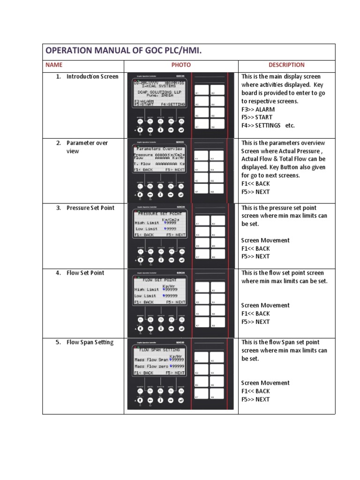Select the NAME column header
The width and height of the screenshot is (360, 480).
[54, 65]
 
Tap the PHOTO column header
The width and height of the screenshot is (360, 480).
[181, 65]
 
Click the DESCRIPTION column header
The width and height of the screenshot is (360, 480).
[286, 65]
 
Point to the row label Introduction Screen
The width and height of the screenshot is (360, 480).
[92, 76]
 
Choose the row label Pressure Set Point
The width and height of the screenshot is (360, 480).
[90, 208]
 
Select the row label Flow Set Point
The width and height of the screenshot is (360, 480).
[85, 273]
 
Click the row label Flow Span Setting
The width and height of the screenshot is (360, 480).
[90, 342]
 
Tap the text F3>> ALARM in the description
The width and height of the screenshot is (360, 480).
[258, 109]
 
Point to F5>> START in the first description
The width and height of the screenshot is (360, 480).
[257, 117]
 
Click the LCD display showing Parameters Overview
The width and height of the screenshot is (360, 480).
[159, 159]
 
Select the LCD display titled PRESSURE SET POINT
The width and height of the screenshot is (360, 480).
[159, 224]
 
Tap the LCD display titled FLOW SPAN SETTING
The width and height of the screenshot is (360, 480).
[159, 360]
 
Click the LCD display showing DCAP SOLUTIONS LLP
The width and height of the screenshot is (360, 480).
[159, 93]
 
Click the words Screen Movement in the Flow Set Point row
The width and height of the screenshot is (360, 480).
[265, 305]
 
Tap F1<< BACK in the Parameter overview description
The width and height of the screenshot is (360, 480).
[255, 183]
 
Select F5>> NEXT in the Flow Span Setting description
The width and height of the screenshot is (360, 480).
[255, 399]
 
